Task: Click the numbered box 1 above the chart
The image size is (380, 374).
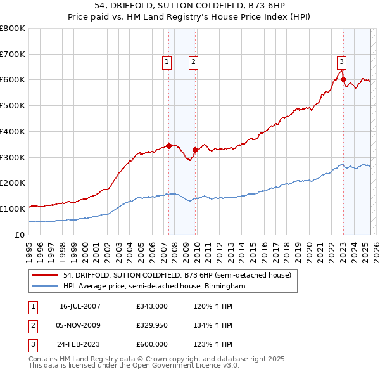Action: pos(166,61)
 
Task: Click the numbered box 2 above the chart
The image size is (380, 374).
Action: pos(193,61)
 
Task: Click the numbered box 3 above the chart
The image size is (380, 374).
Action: pos(341,61)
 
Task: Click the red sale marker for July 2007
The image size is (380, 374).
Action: pos(169,146)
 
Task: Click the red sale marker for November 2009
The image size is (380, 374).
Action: pos(196,150)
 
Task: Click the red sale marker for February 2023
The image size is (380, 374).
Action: pos(343,79)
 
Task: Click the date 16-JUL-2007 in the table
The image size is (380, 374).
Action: pos(80,306)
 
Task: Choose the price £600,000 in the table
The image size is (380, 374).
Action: pos(151,344)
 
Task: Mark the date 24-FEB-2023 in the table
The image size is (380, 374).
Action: pos(80,344)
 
